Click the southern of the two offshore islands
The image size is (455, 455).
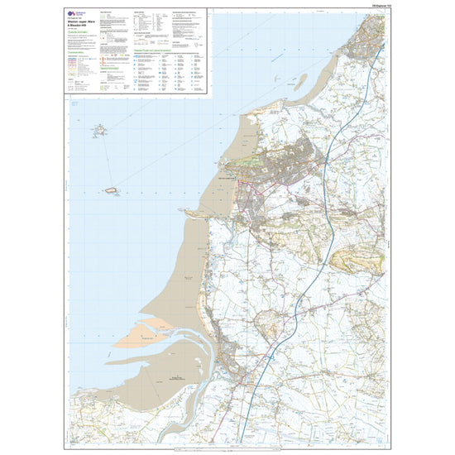(x=110, y=189)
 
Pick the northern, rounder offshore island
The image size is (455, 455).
(x=100, y=130)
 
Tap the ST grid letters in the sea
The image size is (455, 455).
(x=74, y=105)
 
